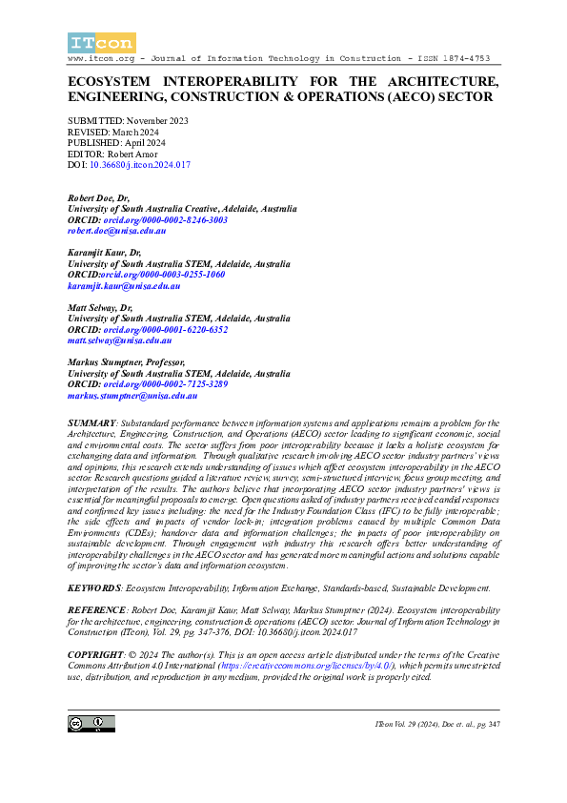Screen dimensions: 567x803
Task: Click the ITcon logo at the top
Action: click(102, 42)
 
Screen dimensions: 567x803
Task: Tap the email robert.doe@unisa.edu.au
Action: click(117, 231)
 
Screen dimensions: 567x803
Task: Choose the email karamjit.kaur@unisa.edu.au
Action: click(124, 285)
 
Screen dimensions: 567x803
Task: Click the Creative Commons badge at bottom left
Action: click(91, 724)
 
